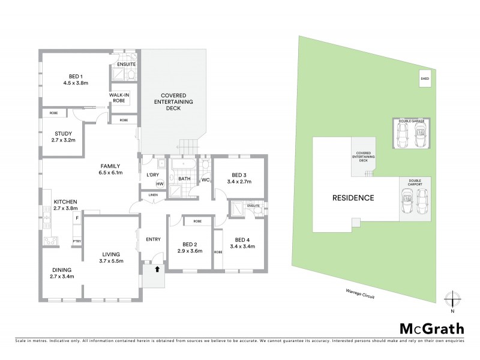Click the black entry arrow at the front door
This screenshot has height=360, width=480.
point(157,269)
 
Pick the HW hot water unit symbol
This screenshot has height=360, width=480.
point(160,184)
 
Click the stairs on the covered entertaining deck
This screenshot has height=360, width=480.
point(188,145)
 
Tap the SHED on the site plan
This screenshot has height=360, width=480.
point(425,79)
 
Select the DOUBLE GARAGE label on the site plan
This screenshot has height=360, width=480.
point(409,121)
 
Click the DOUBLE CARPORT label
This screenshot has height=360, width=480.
point(415,182)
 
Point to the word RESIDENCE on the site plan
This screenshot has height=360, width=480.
point(353,197)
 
